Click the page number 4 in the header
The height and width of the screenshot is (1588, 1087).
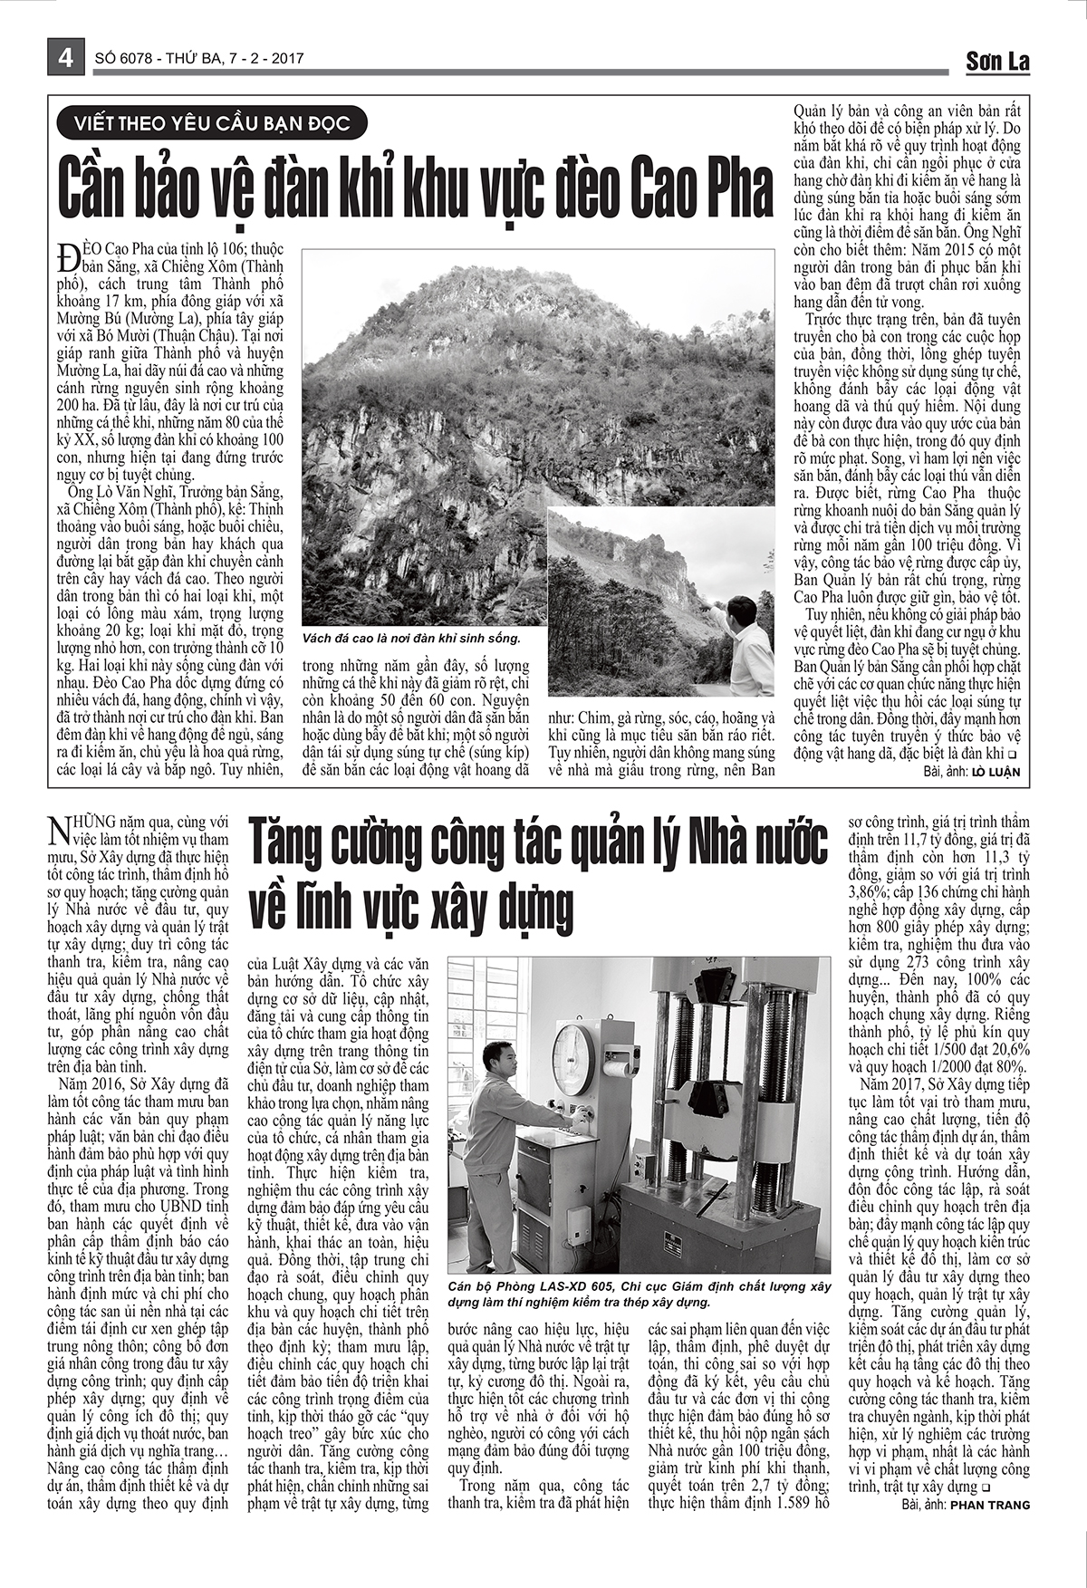[65, 58]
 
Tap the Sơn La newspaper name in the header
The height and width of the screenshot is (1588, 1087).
[997, 61]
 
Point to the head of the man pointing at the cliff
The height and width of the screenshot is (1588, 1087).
[743, 609]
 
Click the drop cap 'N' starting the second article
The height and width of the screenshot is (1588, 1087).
[57, 828]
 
